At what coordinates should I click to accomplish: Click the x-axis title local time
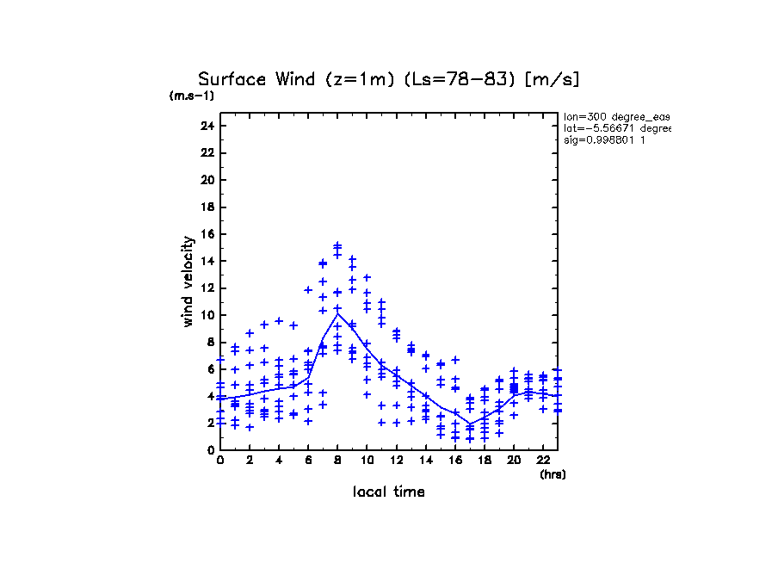pos(389,492)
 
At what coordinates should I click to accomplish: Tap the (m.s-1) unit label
pos(192,96)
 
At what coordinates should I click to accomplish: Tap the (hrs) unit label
pos(553,473)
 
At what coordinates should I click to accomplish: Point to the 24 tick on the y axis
pos(207,126)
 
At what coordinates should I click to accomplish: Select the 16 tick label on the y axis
pos(207,234)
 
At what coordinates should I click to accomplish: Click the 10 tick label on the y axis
pos(207,315)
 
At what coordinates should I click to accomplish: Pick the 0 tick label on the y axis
pos(211,450)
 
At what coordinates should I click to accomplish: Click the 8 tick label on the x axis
pos(337,461)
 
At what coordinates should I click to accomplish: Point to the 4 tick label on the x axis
pos(279,461)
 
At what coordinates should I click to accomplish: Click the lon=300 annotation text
pos(616,116)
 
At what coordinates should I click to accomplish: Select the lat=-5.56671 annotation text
pos(616,128)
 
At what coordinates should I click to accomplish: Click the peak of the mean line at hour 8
pos(337,313)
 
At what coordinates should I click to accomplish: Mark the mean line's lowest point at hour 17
pos(470,424)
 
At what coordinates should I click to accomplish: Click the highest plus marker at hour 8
pos(337,245)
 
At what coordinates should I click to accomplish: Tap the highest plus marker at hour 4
pos(279,320)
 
